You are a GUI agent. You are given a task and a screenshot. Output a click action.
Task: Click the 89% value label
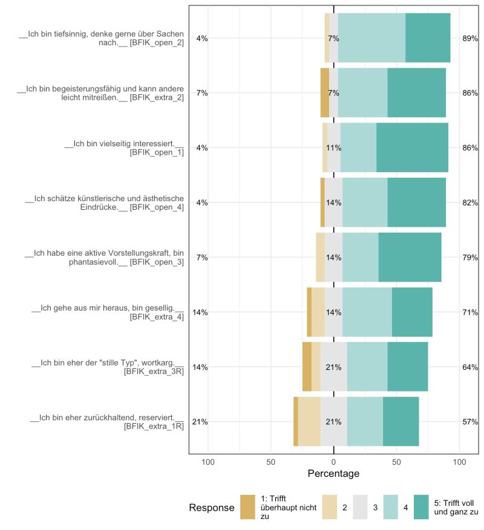[470, 38]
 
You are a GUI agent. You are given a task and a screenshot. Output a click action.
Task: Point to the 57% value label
[470, 422]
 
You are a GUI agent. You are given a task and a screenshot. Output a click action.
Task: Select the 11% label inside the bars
[334, 147]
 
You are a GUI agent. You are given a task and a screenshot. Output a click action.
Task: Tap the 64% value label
[470, 367]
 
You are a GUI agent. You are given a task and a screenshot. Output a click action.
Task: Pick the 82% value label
[470, 202]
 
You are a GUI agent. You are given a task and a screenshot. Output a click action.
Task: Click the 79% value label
[470, 257]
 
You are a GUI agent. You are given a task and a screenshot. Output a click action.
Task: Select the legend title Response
[211, 508]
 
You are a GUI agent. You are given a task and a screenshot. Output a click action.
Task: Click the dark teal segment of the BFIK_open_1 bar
[412, 147]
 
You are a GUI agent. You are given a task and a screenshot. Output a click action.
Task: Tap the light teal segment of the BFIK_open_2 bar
[371, 38]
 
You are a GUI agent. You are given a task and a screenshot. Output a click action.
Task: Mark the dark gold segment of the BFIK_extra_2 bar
[324, 92]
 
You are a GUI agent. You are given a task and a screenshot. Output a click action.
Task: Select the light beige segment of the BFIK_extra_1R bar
[309, 422]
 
